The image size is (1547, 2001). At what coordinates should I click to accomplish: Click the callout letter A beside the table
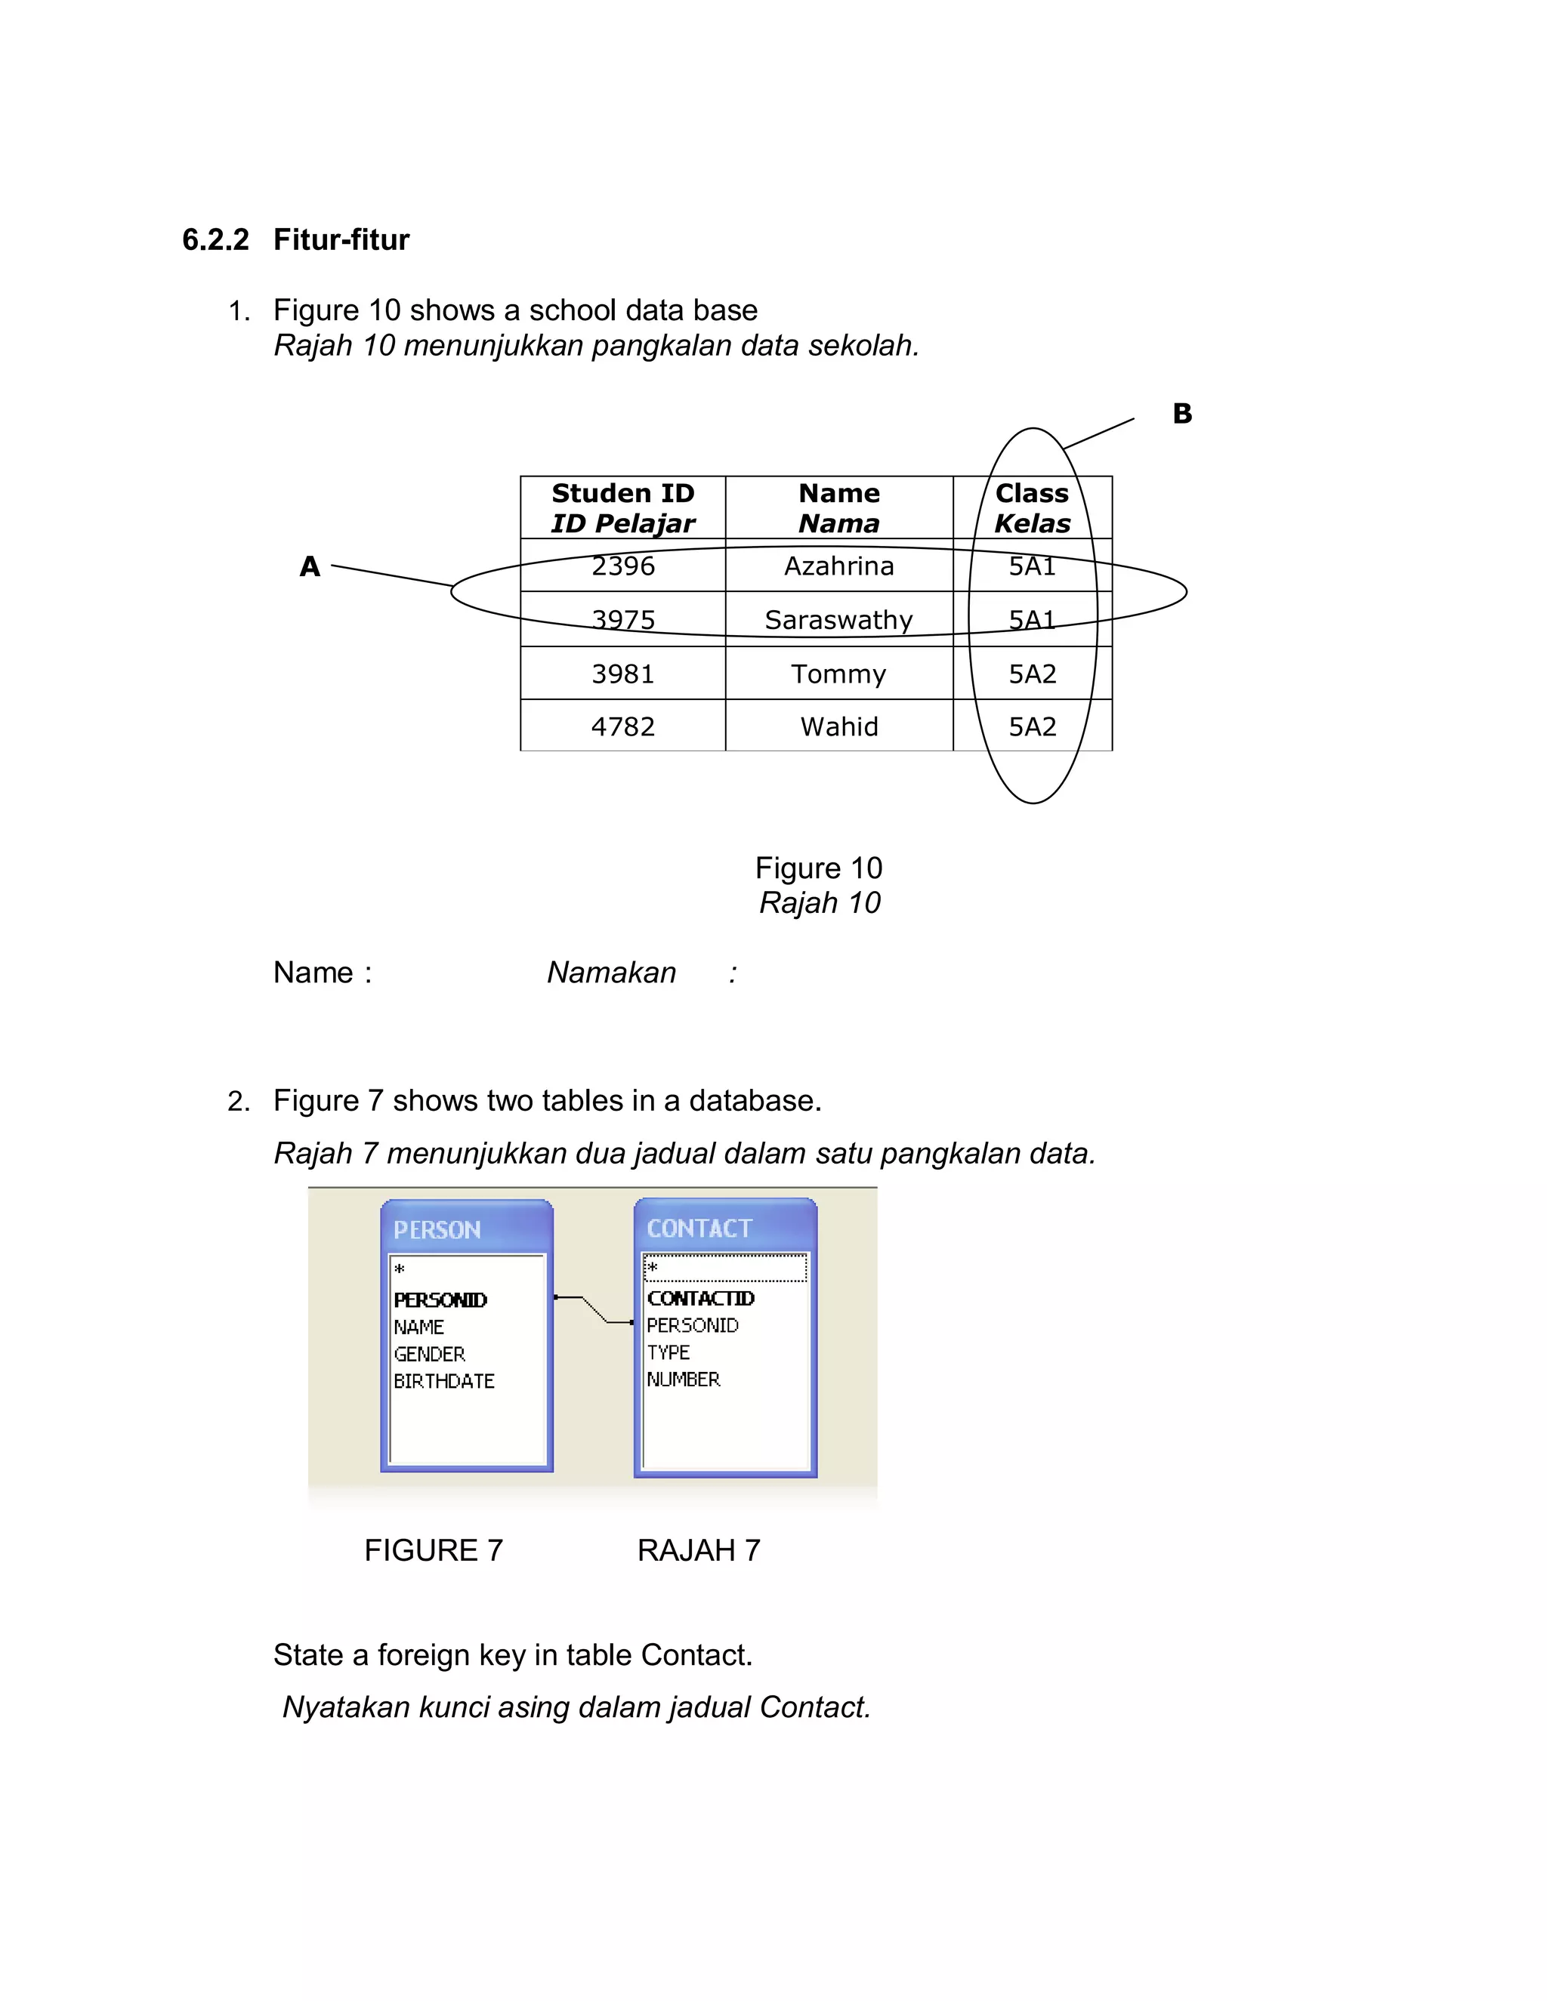tap(310, 566)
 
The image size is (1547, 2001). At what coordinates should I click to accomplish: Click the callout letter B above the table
tap(1182, 413)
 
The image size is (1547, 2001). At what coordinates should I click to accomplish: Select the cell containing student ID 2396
tap(623, 566)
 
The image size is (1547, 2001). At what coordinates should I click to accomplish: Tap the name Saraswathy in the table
tap(838, 620)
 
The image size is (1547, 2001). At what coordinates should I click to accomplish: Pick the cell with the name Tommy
tap(838, 674)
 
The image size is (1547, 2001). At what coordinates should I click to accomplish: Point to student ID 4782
tap(623, 726)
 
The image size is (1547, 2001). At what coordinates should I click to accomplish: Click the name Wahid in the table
tap(838, 726)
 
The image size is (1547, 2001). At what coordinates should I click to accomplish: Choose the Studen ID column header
tap(623, 507)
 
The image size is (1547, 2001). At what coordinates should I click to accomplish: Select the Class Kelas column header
tap(1032, 507)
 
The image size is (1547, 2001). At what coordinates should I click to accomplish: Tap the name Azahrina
tap(838, 566)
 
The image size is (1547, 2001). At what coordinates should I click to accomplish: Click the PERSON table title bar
tap(467, 1229)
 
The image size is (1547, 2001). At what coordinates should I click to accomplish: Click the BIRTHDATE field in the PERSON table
tap(443, 1381)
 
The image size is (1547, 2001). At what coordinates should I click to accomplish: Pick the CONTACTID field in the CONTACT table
tap(700, 1298)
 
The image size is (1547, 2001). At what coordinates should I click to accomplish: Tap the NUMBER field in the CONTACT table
tap(684, 1379)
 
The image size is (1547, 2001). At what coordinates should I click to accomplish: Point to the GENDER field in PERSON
tap(430, 1354)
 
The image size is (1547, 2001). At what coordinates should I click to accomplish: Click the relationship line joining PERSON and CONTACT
tap(594, 1310)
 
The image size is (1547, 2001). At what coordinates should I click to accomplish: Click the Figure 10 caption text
tap(818, 868)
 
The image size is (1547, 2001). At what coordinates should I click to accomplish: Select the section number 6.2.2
tap(215, 240)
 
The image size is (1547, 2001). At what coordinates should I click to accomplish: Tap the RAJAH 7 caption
tap(699, 1550)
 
